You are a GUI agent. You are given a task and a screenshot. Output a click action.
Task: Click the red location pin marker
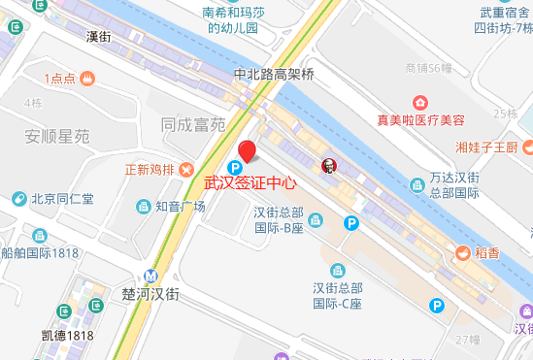[248, 151]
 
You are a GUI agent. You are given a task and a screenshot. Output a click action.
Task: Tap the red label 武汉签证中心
[250, 181]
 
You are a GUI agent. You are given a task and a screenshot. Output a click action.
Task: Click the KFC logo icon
[326, 165]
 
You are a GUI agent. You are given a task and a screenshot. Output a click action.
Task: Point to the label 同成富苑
[193, 124]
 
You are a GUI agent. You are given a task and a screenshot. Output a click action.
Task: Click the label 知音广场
[180, 206]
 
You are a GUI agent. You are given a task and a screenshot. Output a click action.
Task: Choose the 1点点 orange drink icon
[87, 77]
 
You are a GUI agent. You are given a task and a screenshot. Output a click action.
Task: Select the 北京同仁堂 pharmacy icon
[18, 199]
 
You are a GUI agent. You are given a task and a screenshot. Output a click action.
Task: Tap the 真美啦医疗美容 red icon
[420, 102]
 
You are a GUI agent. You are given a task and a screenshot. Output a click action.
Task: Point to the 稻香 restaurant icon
[463, 252]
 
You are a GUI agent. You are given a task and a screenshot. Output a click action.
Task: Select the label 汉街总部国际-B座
[280, 220]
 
